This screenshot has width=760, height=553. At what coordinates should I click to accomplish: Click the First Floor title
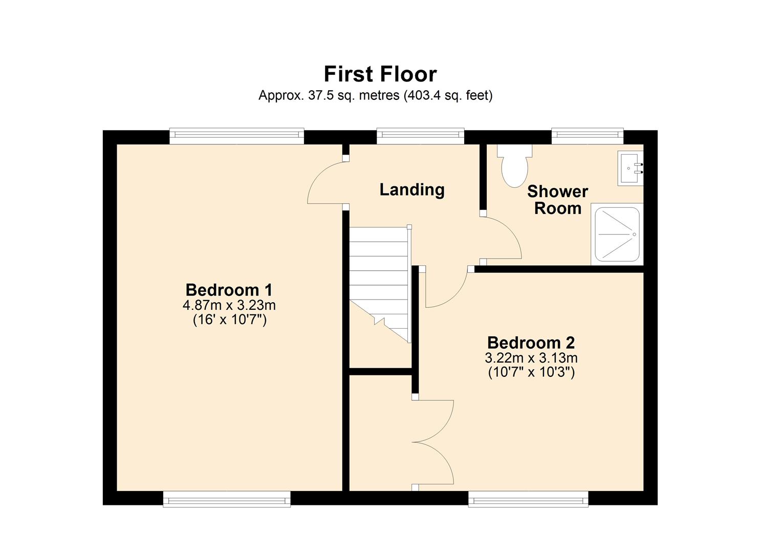pos(380,74)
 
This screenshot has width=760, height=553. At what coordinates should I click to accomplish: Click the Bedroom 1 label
pos(229,290)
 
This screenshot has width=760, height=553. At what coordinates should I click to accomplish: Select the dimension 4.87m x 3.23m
pos(229,306)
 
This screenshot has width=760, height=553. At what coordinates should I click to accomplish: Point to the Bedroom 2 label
pos(531,342)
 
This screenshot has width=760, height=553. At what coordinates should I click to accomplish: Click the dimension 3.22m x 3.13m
pos(531,358)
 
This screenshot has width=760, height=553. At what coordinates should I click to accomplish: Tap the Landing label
pos(411,189)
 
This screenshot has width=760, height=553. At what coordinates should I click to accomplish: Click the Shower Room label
pos(557,200)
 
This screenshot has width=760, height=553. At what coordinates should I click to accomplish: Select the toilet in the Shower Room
pos(514,166)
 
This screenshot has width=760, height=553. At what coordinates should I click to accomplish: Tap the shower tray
pos(617,235)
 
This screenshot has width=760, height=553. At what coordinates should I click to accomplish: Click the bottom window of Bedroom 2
pos(528,499)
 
